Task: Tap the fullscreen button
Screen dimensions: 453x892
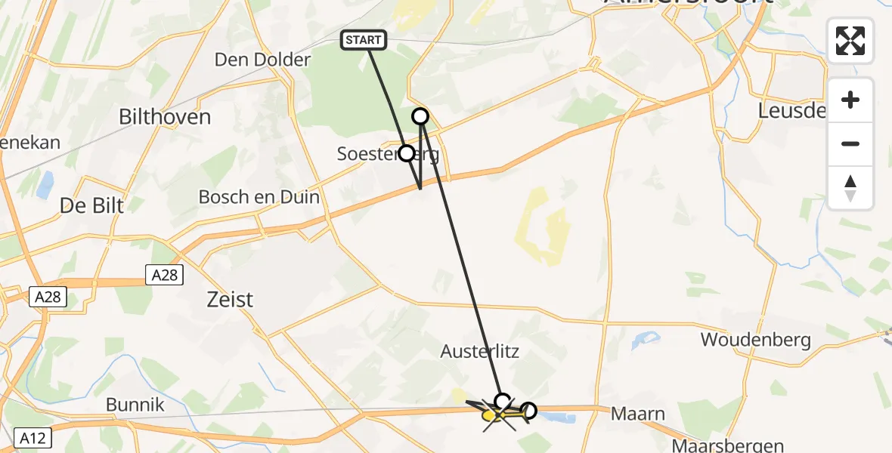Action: pos(850,41)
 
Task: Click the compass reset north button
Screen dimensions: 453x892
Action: pos(850,188)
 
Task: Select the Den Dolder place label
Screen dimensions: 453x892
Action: pos(262,60)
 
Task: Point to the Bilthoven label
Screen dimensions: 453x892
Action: pos(165,117)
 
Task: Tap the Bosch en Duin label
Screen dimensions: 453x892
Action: pos(259,197)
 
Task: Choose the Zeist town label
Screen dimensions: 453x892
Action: pos(231,300)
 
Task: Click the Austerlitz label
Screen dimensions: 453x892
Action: pos(480,352)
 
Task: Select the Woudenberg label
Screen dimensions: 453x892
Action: pos(755,340)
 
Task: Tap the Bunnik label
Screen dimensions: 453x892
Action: pos(135,405)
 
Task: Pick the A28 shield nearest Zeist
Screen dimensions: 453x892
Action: pos(164,274)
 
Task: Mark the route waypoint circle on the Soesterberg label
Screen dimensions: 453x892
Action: pos(407,153)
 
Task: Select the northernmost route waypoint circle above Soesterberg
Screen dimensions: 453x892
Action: pos(420,116)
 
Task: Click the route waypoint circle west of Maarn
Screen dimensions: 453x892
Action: pos(529,411)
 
